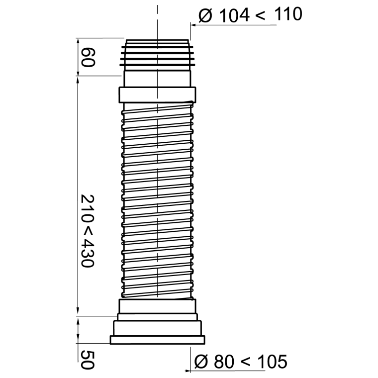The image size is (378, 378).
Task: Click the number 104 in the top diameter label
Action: click(234, 15)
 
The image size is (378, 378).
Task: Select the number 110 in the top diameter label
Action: click(288, 14)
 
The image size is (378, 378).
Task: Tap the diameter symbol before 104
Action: click(205, 16)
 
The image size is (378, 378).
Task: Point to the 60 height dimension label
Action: click(88, 57)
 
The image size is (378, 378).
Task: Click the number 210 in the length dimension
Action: click(87, 209)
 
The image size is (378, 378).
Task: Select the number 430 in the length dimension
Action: click(87, 253)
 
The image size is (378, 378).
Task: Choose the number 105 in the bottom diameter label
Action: click(273, 362)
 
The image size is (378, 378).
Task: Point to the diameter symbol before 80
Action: click(201, 362)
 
